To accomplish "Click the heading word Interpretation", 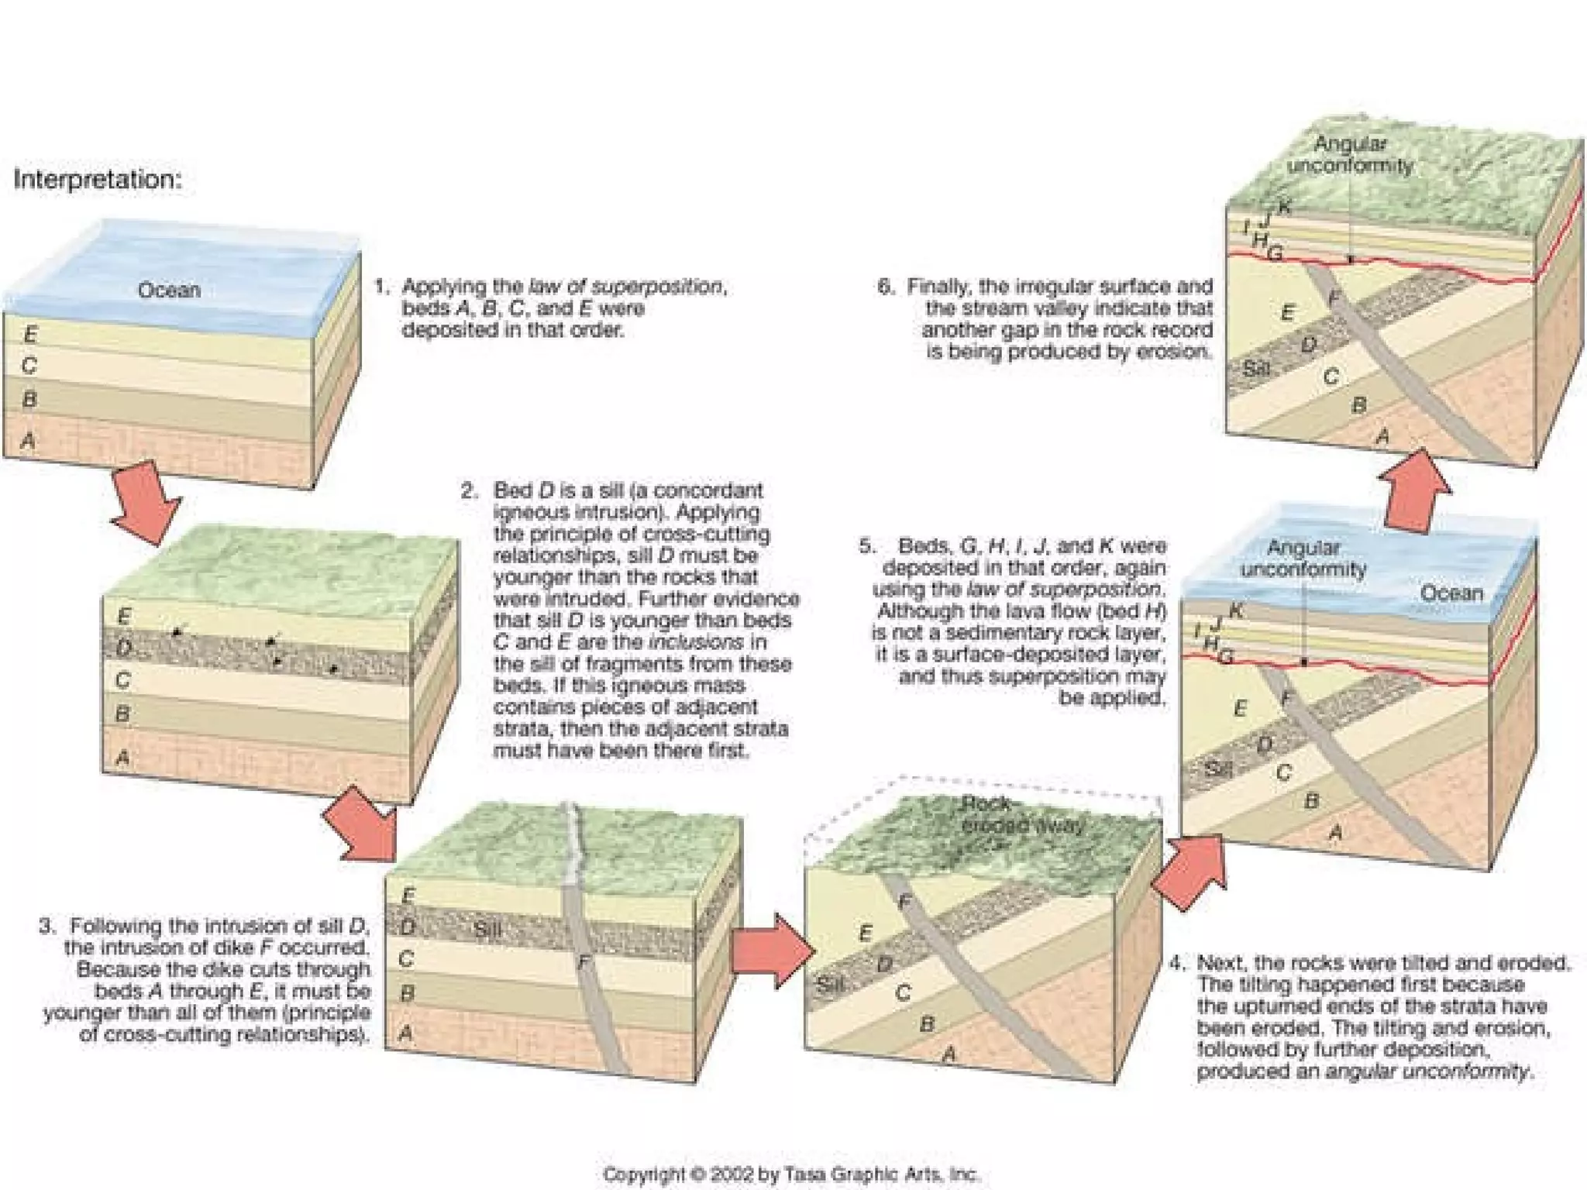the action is pos(97,180).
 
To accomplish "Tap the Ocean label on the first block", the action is pos(169,291).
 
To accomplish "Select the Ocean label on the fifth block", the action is pos(1451,593).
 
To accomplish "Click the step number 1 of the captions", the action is pos(381,287).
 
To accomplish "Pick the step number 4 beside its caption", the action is pos(1177,963).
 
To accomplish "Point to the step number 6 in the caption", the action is pos(885,287).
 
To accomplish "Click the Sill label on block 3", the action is pos(487,929).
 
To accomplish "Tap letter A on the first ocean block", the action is pos(29,441).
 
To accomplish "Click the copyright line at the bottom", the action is pos(791,1174).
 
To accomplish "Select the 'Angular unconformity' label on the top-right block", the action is pos(1350,154).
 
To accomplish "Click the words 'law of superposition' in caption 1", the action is pos(626,287).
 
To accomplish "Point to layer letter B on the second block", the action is pos(122,714).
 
